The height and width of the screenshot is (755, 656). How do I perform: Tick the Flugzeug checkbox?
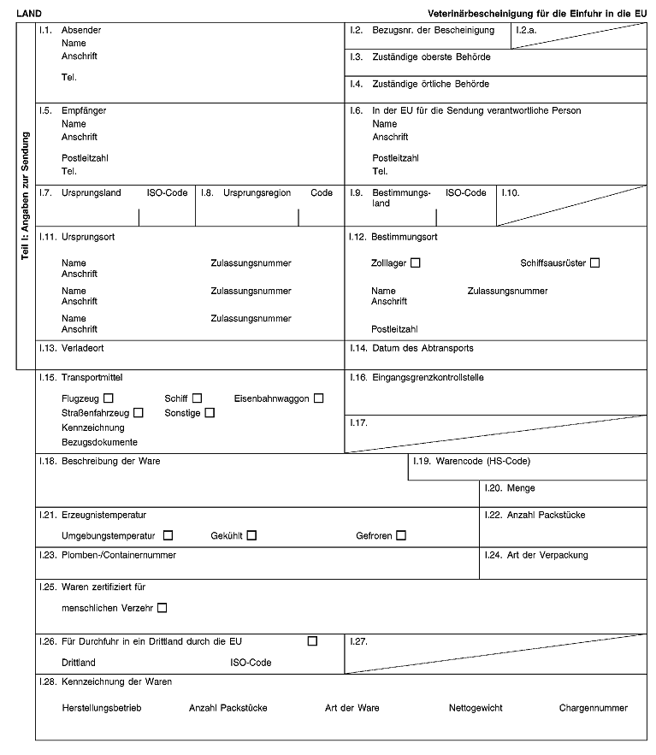(109, 398)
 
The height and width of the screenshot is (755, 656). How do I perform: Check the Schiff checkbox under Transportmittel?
(197, 398)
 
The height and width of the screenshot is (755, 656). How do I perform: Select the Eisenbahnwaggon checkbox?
(318, 398)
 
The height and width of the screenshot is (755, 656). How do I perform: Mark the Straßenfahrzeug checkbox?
(139, 413)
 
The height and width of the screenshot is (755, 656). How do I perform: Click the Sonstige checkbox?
(210, 413)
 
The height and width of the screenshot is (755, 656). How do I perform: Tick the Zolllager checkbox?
(416, 262)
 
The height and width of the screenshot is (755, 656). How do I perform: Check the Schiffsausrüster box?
(594, 262)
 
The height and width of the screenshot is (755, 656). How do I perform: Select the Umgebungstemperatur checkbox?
(168, 536)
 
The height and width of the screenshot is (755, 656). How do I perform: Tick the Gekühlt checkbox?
(251, 536)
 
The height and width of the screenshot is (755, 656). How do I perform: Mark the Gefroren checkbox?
(400, 536)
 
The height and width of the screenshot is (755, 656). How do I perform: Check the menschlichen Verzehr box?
(163, 608)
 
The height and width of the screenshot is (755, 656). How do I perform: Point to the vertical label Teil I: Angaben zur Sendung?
(26, 196)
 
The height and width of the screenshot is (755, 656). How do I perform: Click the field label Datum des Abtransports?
(423, 348)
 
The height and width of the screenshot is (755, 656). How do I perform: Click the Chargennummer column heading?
(593, 708)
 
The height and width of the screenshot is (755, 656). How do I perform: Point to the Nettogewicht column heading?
(475, 708)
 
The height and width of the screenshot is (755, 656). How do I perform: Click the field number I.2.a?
(526, 30)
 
